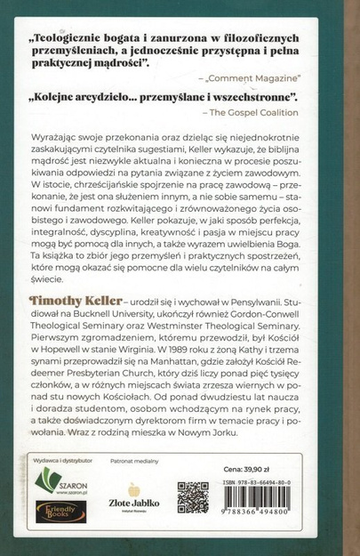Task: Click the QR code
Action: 193,496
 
